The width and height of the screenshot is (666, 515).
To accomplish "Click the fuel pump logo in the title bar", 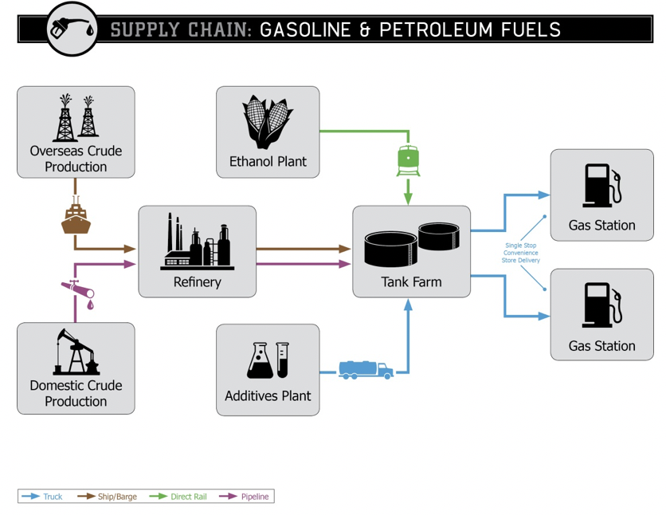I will click(72, 29).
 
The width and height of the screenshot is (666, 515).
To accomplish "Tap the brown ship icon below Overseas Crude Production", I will click(76, 218).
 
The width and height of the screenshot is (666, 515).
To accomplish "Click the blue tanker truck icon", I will click(366, 369).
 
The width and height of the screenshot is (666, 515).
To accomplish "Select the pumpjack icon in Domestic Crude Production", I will click(76, 352).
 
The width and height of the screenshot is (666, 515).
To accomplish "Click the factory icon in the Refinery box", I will click(197, 242).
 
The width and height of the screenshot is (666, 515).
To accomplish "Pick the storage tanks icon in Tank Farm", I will click(411, 244).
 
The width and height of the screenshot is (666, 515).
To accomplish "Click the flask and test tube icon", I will click(268, 360).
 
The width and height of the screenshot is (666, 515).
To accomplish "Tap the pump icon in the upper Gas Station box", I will click(601, 186).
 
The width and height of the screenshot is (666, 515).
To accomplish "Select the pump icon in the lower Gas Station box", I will click(601, 305).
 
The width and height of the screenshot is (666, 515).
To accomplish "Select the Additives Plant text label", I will click(268, 396).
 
